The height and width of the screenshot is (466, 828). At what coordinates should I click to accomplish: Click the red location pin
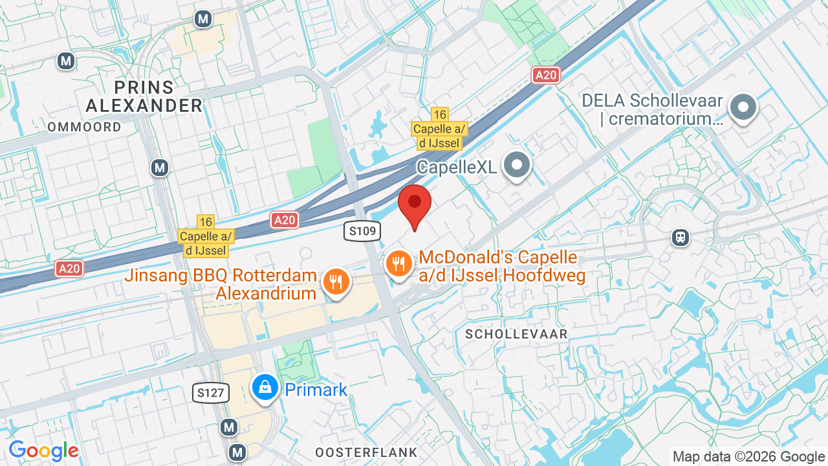415,203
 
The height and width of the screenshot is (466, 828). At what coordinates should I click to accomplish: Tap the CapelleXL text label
457,167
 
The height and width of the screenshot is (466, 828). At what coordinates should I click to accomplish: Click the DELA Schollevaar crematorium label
652,109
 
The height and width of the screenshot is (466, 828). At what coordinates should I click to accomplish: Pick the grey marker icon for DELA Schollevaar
743,107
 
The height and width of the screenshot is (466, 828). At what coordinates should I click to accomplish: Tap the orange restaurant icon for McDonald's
400,264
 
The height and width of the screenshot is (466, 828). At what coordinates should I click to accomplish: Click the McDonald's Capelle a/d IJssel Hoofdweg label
502,267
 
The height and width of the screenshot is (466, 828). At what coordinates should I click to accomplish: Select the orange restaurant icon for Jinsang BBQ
335,282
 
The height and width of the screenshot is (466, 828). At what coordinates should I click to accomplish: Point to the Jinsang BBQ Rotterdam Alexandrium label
221,284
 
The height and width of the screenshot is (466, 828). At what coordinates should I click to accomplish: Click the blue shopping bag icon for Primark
265,387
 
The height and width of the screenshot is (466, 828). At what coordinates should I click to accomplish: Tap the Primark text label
316,390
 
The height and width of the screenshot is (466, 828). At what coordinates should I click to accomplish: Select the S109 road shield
362,231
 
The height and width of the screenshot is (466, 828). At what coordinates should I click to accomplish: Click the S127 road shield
211,392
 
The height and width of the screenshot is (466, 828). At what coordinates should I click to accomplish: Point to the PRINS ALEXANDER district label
144,96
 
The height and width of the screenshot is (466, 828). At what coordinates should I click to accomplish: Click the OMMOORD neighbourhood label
84,127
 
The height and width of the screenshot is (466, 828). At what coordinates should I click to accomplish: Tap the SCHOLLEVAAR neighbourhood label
516,334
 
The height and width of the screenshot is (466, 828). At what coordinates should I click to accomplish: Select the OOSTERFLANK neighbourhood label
366,452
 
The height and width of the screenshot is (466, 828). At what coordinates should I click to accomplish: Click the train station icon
680,238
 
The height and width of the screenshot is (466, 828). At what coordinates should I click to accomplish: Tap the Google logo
43,450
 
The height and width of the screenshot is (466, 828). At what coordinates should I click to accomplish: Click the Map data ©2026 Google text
748,456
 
